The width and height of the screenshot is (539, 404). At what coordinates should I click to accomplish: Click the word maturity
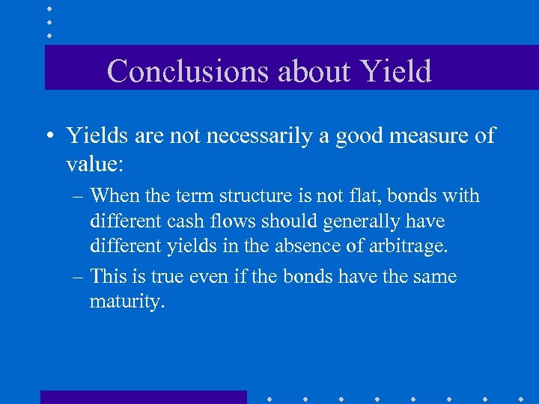click(127, 302)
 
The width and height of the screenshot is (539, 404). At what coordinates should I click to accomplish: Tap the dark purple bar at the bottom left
click(143, 397)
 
